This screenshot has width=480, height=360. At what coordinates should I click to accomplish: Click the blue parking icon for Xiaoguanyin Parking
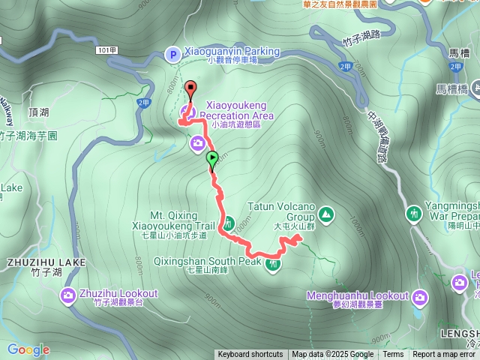click(172, 54)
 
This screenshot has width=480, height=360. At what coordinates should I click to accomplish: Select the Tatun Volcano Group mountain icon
click(326, 214)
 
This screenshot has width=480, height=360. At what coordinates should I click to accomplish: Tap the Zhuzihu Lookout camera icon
click(68, 295)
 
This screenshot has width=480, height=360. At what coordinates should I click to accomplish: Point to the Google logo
click(28, 349)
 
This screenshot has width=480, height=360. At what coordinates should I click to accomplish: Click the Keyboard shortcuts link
click(250, 355)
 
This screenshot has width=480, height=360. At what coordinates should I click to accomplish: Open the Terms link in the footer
click(393, 355)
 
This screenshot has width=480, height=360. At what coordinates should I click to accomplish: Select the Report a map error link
click(444, 355)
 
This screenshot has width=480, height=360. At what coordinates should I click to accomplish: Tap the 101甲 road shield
click(106, 50)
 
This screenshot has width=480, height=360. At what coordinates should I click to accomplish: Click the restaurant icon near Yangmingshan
click(412, 214)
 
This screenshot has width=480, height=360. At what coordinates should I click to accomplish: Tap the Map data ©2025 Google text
click(333, 355)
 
